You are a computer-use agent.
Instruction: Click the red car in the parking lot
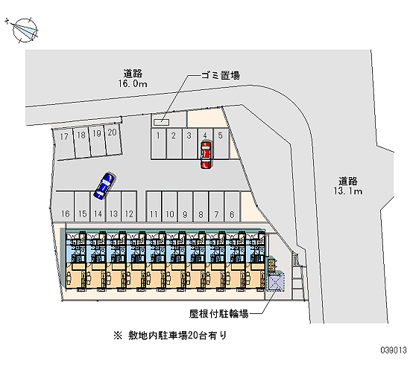(206, 155)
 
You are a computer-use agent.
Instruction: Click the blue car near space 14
(104, 185)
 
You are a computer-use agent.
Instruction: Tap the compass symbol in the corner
(25, 30)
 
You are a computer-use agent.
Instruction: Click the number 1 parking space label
(158, 135)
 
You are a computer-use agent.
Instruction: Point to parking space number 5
(221, 144)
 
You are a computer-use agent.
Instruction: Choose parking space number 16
(65, 207)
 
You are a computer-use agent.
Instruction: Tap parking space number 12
(129, 207)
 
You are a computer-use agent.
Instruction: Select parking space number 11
(154, 207)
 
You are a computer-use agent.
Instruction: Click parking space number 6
(232, 207)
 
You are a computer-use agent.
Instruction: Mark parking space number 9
(185, 207)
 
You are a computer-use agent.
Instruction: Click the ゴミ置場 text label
(220, 76)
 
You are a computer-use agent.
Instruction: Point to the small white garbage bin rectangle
(161, 122)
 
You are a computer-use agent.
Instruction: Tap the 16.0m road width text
(133, 84)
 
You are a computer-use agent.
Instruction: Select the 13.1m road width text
(348, 191)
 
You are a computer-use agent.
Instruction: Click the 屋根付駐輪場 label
(218, 313)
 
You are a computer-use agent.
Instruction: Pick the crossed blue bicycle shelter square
(276, 283)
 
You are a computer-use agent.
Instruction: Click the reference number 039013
(394, 350)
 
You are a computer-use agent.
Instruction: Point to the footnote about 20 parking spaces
(170, 336)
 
